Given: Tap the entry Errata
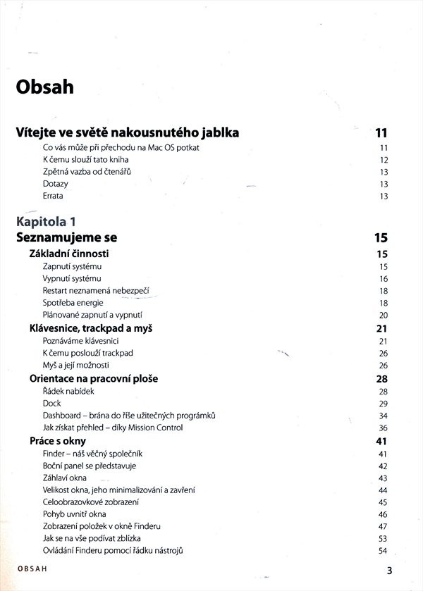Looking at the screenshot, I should coord(53,196).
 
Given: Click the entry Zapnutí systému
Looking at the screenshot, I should coord(73,267).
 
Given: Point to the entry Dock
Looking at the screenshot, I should coord(51,403).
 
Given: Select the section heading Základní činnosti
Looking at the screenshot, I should coord(69,254).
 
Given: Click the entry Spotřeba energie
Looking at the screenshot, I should coord(73,303).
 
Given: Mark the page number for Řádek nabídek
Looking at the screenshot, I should coord(384,391).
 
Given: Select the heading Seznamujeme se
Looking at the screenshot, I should coord(66,237).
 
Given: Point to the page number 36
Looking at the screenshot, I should coord(384,428).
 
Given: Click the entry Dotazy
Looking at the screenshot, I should coord(55,184).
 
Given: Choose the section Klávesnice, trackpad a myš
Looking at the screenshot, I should coord(92,328).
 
